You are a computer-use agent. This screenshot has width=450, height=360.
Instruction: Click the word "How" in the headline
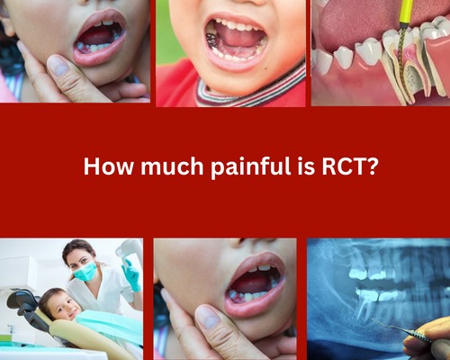point(108,166)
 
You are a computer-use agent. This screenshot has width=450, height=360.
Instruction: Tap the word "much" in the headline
point(172,166)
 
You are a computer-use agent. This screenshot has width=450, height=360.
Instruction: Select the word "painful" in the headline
point(250,167)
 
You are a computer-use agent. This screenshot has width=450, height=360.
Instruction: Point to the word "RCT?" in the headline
point(349,166)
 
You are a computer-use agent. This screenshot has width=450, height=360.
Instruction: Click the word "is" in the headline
point(306,166)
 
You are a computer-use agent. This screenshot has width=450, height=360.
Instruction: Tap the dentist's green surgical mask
point(85,272)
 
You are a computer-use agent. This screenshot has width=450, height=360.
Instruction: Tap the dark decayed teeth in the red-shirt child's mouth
point(213,40)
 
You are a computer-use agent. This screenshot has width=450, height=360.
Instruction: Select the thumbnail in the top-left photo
point(58,65)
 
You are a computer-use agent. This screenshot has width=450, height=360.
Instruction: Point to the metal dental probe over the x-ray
point(399,330)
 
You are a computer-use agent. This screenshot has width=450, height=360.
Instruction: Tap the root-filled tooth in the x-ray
point(364,304)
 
